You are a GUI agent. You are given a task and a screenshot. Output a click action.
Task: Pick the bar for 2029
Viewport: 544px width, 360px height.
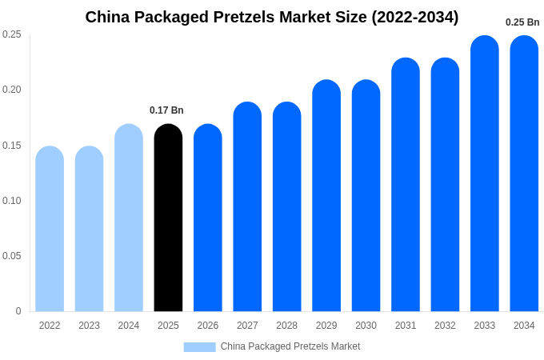[x=326, y=196]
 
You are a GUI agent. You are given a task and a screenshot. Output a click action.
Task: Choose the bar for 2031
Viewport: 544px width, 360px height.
[x=406, y=185]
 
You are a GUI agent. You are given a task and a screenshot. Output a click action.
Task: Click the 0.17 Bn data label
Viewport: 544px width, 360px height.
[x=166, y=110]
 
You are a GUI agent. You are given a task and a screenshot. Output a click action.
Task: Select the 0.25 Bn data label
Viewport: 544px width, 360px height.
[x=522, y=22]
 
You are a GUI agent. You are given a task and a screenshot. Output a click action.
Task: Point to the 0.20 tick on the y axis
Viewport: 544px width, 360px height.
[x=12, y=90]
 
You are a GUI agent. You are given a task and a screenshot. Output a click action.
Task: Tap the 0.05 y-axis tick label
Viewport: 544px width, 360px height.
[x=12, y=256]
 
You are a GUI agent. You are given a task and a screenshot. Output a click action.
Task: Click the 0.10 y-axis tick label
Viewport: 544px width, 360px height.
[x=12, y=201]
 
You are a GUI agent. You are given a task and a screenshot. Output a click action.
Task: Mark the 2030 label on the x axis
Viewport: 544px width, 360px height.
[x=366, y=326]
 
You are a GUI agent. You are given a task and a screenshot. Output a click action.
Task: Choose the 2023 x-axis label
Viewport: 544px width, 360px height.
[x=89, y=326]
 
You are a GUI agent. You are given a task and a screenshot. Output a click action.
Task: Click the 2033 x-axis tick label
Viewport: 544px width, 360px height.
[x=484, y=326]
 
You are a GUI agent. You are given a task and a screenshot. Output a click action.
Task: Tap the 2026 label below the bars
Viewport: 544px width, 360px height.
[x=207, y=326]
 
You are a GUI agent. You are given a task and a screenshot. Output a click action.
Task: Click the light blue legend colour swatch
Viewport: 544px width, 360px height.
[x=199, y=346]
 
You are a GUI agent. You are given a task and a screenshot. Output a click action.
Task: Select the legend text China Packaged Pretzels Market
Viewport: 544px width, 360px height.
[x=290, y=346]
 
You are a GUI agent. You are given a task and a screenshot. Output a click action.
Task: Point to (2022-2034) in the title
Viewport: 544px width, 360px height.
[x=414, y=17]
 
